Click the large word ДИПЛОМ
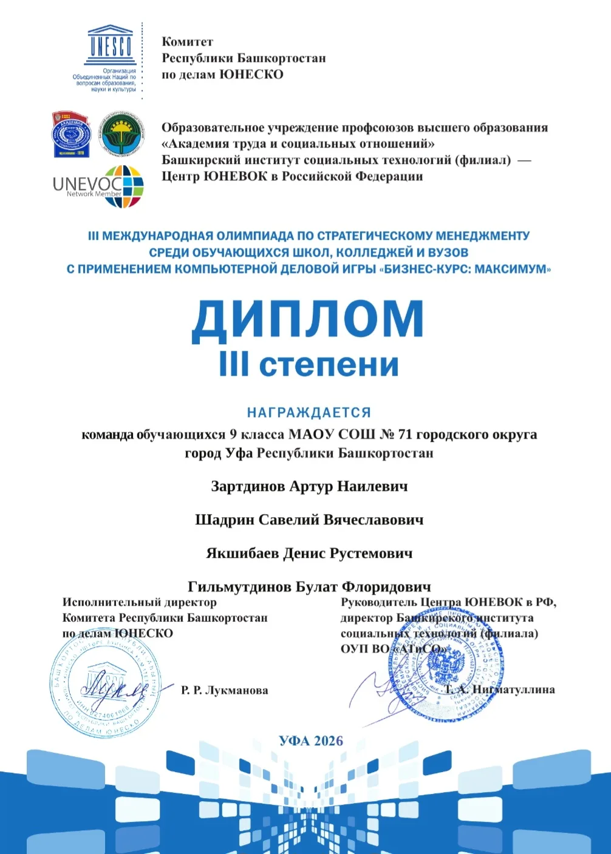307,320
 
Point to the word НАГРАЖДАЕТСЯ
309,413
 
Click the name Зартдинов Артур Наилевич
309,486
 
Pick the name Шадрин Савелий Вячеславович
309,520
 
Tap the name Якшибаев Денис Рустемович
309,554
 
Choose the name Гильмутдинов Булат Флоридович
309,586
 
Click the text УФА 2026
311,740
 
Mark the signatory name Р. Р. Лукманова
224,690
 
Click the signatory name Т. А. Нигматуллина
500,690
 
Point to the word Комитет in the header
187,42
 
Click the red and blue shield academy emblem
72,134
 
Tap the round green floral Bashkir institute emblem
121,134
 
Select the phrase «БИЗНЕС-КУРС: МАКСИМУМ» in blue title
464,269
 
